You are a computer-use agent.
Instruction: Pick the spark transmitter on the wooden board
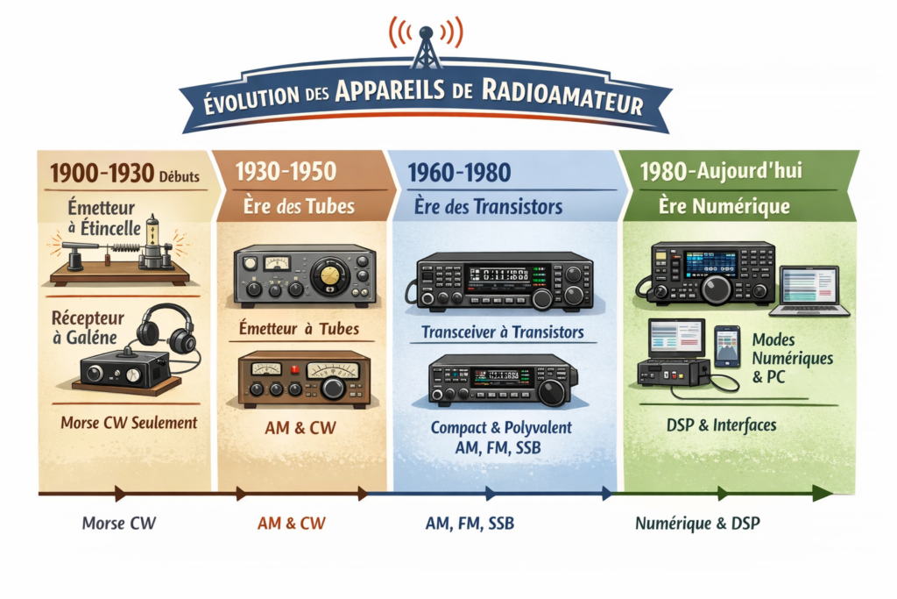(118, 254)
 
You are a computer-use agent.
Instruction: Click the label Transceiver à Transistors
(502, 333)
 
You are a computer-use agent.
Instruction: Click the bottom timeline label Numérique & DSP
(697, 524)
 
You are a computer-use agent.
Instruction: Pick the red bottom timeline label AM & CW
(291, 524)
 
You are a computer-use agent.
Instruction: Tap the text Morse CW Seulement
(129, 423)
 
